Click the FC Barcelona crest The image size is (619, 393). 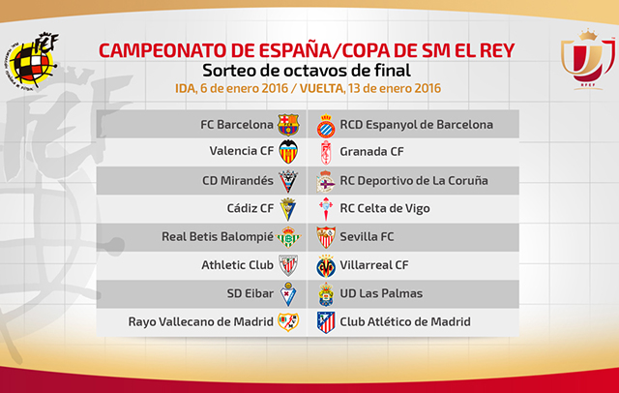(288, 125)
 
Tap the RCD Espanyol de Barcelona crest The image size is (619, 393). (326, 126)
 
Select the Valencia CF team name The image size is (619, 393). (242, 151)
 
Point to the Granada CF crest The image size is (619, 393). (326, 153)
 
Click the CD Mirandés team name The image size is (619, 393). (238, 180)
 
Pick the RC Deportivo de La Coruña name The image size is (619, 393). (414, 180)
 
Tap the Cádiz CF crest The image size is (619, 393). (288, 209)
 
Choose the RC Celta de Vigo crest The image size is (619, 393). (326, 209)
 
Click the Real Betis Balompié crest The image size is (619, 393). (288, 237)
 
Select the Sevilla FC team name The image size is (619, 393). (367, 236)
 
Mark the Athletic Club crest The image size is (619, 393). (288, 265)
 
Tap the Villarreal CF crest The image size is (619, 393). (326, 266)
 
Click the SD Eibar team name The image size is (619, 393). (251, 293)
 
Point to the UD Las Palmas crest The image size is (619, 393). (326, 294)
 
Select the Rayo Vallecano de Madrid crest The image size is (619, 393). (288, 321)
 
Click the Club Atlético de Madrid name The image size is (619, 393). (405, 322)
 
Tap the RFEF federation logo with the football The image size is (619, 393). (31, 60)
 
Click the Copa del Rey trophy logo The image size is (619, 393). (588, 59)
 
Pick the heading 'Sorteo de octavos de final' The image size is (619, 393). (307, 71)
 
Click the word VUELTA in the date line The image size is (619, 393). (321, 88)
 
